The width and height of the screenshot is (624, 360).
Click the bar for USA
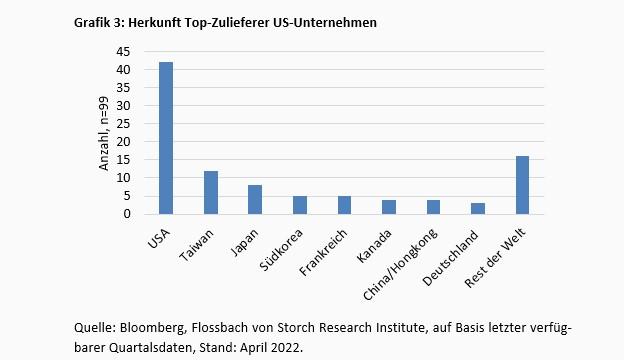(165, 138)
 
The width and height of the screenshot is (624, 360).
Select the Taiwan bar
(210, 192)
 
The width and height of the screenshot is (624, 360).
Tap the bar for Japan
(255, 199)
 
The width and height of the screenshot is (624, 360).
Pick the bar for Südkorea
(299, 205)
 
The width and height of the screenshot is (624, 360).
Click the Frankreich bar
(344, 205)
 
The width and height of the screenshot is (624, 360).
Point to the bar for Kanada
(388, 207)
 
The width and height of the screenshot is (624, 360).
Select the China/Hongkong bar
(433, 207)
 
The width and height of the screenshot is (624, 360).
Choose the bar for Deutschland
(477, 208)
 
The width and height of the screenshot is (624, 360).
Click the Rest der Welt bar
(522, 185)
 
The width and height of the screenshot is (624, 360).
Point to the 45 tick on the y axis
(125, 52)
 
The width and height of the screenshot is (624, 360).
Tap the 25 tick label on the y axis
(125, 124)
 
